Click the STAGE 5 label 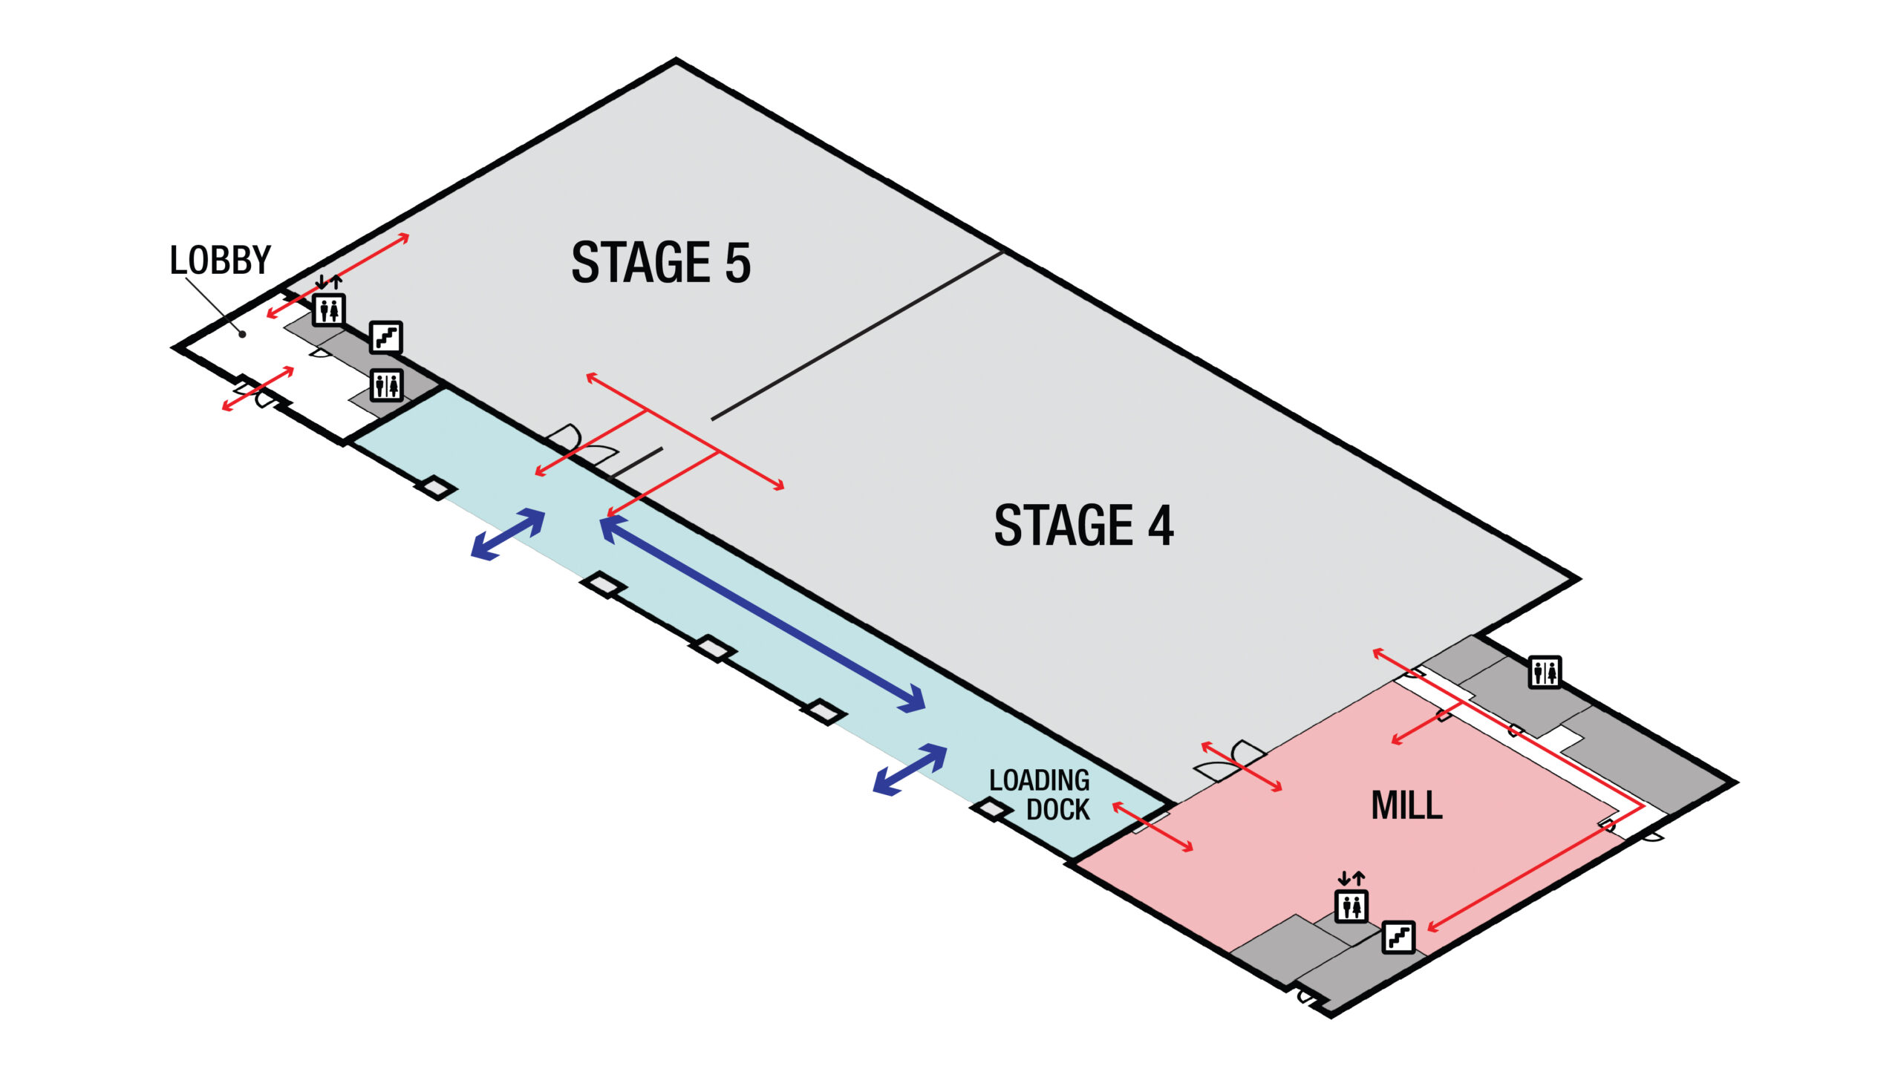(x=660, y=263)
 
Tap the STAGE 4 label (x=1083, y=526)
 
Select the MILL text (x=1406, y=805)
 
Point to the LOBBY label (x=221, y=261)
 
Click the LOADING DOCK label (x=1040, y=795)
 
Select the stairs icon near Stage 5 (x=386, y=338)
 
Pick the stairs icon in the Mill (x=1398, y=938)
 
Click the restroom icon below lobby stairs (x=386, y=385)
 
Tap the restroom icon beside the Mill (x=1545, y=673)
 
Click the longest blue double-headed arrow (x=763, y=614)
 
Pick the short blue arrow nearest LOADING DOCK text (x=910, y=770)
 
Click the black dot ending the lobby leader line (x=242, y=335)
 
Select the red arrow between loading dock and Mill (x=1152, y=827)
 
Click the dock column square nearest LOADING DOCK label (x=991, y=808)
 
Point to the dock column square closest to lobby (x=436, y=488)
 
